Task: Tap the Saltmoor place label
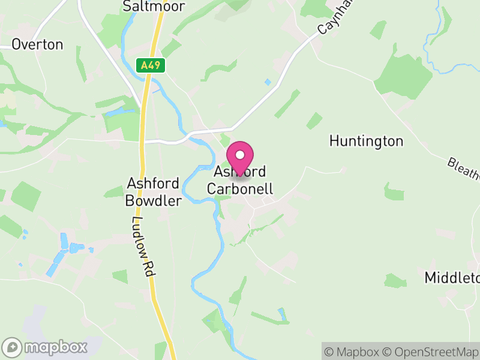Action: click(153, 6)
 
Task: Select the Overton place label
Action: click(37, 44)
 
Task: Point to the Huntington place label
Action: click(366, 142)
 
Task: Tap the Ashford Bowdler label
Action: click(153, 192)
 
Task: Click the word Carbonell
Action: click(240, 189)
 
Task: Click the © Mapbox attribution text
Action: click(354, 352)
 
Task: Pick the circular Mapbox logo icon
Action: click(13, 347)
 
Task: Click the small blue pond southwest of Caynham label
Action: click(268, 82)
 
